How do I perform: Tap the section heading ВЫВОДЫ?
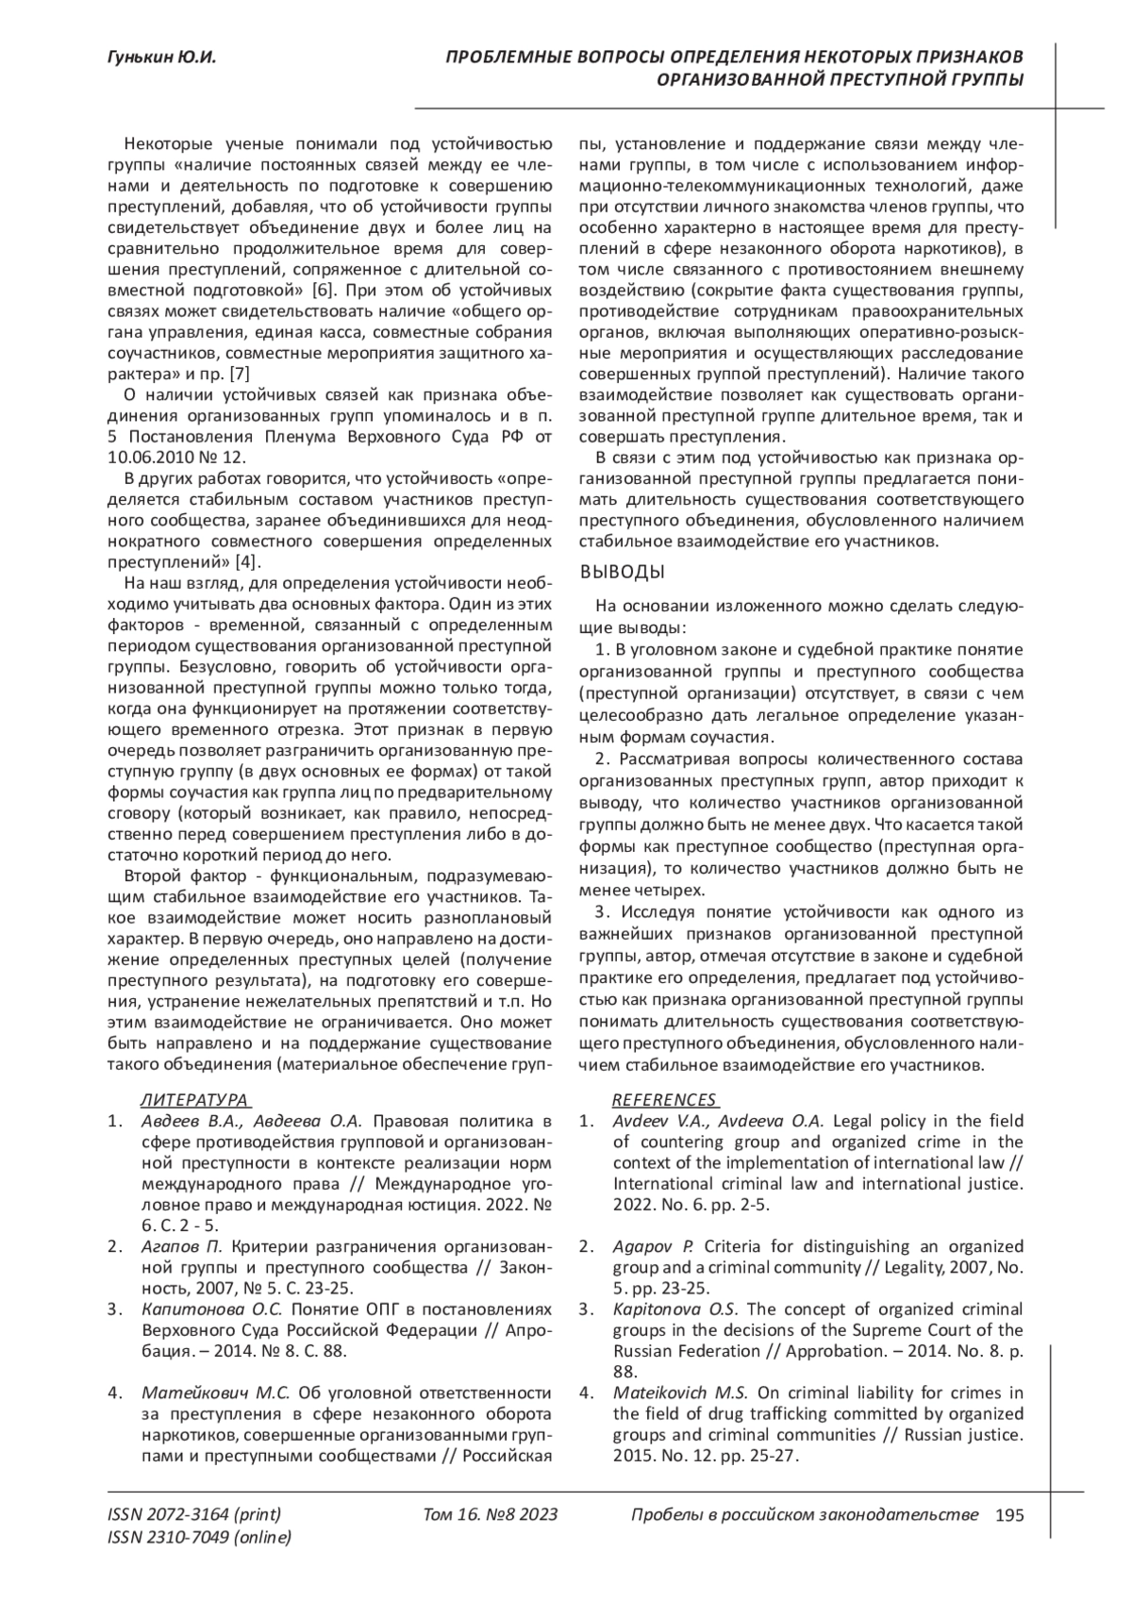[622, 572]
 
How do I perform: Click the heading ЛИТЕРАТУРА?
[195, 1100]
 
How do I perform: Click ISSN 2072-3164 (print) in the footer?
[194, 1515]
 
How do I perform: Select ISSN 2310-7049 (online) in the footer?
[200, 1538]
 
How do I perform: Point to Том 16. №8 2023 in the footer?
[491, 1515]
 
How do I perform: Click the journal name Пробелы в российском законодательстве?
[803, 1515]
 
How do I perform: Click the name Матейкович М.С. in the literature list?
[219, 1393]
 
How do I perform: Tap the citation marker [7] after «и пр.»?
[240, 375]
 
